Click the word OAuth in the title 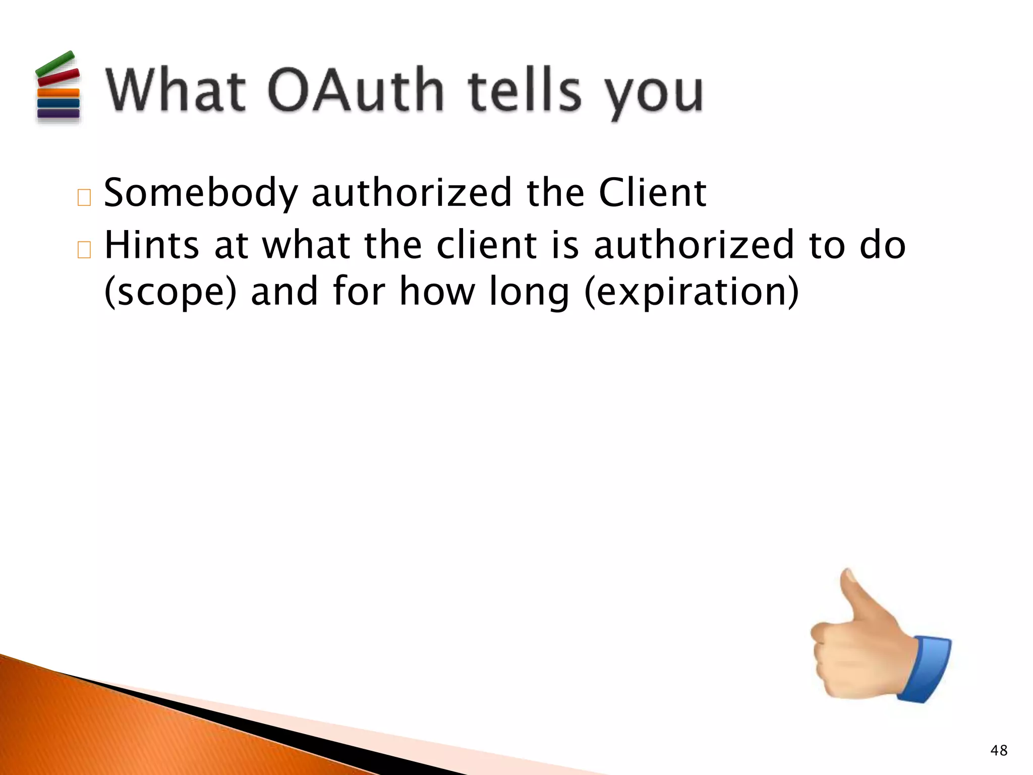pyautogui.click(x=355, y=91)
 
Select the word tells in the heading pyautogui.click(x=525, y=91)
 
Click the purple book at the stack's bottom pyautogui.click(x=59, y=114)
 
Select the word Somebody pyautogui.click(x=201, y=193)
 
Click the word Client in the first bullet pyautogui.click(x=652, y=193)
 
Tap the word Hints pyautogui.click(x=151, y=245)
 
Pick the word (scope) pyautogui.click(x=170, y=292)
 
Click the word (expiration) pyautogui.click(x=692, y=292)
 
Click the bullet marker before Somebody pyautogui.click(x=84, y=198)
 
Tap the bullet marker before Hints pyautogui.click(x=84, y=250)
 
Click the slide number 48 pyautogui.click(x=999, y=750)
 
